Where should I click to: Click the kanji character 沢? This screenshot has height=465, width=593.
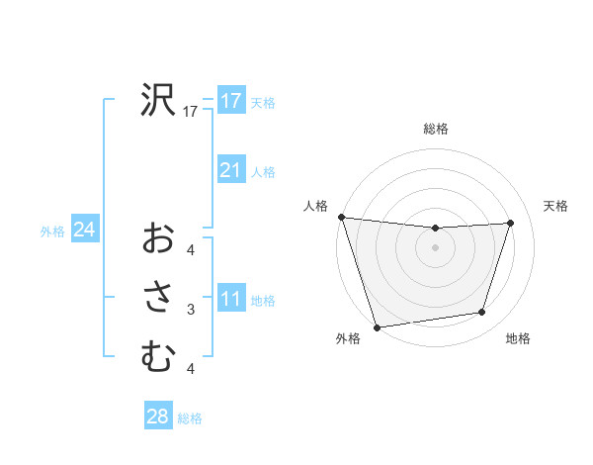point(157,100)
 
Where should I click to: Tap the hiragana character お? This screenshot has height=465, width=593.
point(157,237)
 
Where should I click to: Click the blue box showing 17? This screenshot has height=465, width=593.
point(230,101)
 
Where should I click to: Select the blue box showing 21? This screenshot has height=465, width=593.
point(230,170)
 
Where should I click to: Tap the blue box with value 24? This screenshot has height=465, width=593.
point(84,230)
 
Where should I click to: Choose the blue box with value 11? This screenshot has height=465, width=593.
point(230,299)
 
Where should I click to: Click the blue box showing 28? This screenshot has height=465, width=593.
point(157,417)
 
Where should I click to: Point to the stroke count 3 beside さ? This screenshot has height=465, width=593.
point(191,310)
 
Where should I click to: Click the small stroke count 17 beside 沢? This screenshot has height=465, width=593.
point(191,112)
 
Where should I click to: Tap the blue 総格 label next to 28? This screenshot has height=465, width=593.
point(190,418)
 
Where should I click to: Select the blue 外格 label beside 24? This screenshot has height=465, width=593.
point(52,232)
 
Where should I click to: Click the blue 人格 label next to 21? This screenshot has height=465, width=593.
point(263,172)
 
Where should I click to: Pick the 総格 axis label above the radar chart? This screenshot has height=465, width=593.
point(435,129)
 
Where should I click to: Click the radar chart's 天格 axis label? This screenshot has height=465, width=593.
point(555,206)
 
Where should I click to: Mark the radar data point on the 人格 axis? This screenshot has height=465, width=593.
point(341,217)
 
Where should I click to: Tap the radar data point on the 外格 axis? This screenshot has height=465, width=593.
point(377,326)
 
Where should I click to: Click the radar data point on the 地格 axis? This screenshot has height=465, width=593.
point(482,313)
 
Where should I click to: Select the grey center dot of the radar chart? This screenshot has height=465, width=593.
point(435,247)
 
